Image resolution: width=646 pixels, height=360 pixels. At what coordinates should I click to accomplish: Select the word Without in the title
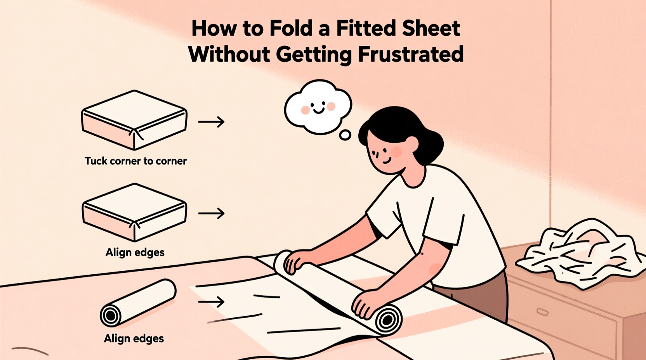(x=229, y=54)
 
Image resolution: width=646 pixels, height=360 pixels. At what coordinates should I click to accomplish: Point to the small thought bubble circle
(x=345, y=135)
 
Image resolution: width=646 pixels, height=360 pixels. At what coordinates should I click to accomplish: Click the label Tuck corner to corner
(x=135, y=161)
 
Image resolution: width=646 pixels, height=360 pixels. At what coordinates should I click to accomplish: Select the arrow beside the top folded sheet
(x=211, y=122)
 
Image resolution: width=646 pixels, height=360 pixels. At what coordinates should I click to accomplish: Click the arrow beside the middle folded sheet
(x=211, y=213)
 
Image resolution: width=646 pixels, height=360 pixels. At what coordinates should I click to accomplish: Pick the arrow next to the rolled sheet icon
(x=211, y=301)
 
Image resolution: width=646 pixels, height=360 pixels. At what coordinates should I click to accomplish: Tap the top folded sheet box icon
(x=134, y=120)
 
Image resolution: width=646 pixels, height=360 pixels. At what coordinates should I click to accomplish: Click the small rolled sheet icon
(x=138, y=303)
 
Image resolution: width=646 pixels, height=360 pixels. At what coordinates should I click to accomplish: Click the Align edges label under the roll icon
(x=134, y=339)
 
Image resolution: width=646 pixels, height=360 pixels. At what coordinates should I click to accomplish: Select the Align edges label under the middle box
(x=135, y=253)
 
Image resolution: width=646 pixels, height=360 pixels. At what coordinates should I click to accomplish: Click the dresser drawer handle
(x=542, y=312)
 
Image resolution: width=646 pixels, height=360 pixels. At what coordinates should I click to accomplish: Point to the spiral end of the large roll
(x=387, y=320)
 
